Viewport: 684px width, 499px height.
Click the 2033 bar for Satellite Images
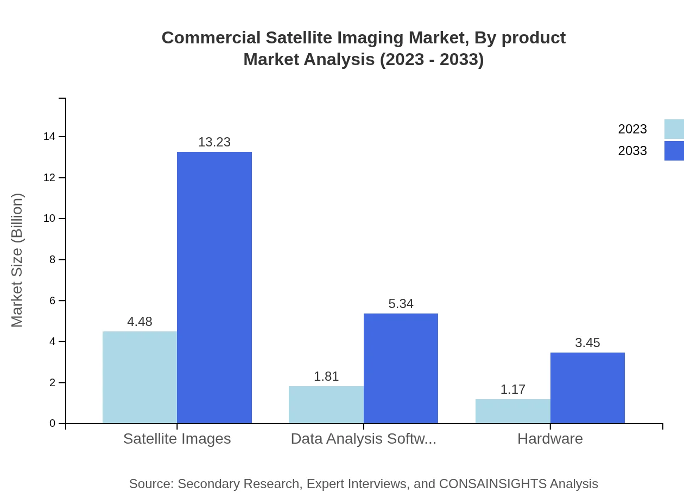(214, 287)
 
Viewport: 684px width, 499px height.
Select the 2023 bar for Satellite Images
(140, 377)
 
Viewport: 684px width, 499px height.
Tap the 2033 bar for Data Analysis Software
(401, 368)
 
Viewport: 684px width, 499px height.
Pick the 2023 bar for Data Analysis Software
(326, 405)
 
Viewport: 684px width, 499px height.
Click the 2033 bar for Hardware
(587, 388)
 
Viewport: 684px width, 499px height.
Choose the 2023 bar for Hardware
(512, 411)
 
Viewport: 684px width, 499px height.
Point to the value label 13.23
(214, 142)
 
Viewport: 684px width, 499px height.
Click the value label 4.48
(140, 322)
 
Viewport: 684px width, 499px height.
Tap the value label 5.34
(401, 304)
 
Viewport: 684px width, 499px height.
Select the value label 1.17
(512, 389)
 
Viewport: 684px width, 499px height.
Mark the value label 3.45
(587, 343)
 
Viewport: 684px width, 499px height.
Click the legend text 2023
(632, 129)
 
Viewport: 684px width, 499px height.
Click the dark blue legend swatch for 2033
(674, 151)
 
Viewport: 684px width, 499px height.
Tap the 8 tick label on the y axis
(53, 260)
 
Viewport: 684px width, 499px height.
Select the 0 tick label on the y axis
(53, 424)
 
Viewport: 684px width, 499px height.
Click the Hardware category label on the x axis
(550, 438)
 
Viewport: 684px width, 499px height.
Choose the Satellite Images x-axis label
(177, 438)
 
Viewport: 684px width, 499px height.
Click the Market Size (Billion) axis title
(17, 260)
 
